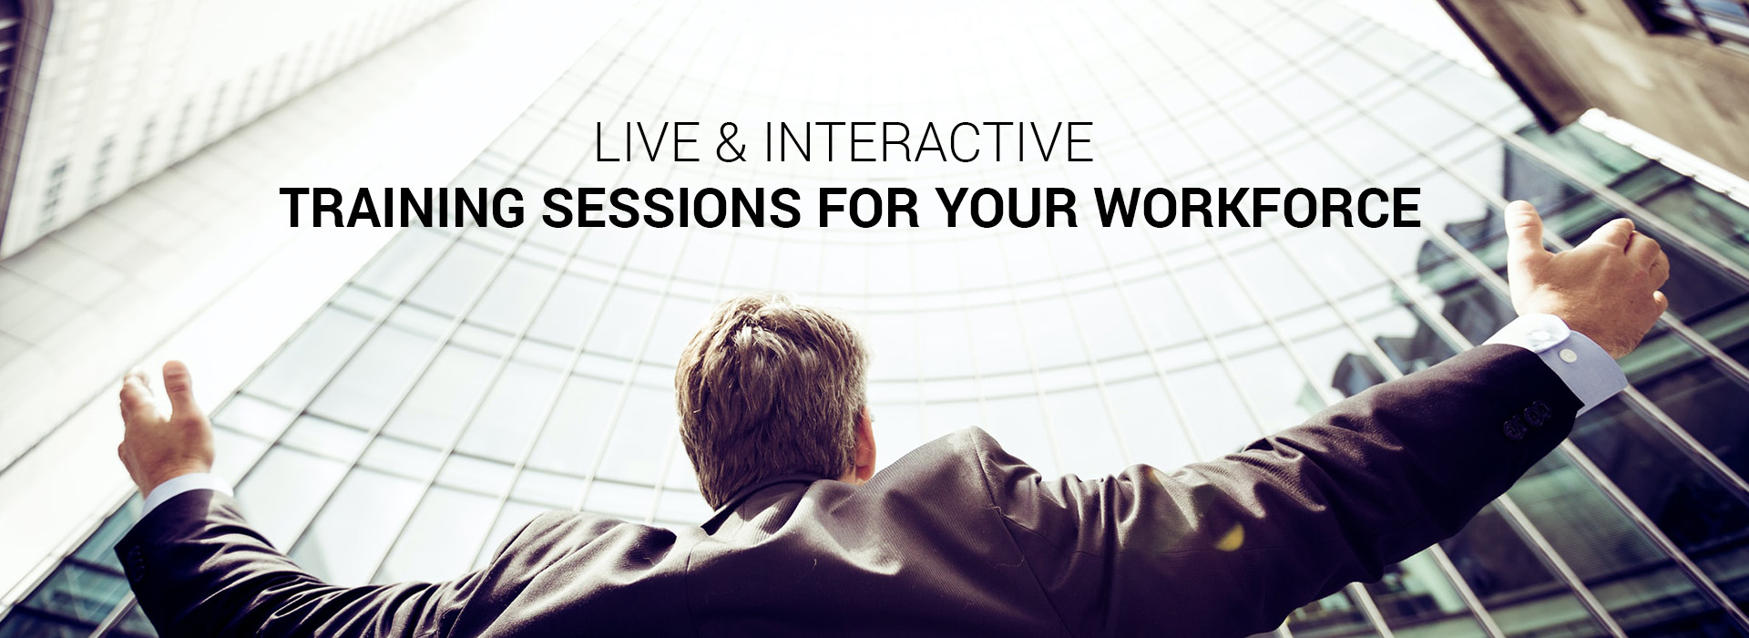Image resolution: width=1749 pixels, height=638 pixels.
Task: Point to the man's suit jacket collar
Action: coord(774,510)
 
